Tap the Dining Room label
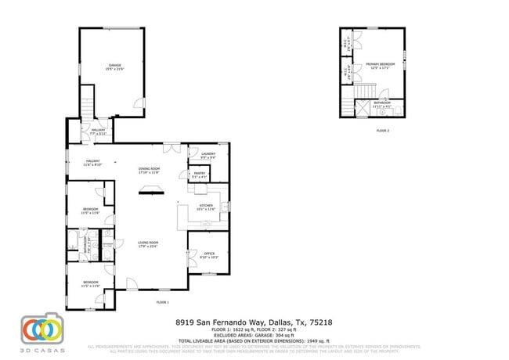149,171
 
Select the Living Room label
149,245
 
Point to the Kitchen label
205,207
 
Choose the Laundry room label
208,155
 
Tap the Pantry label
199,175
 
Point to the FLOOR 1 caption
162,302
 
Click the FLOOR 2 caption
382,131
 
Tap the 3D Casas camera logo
40,330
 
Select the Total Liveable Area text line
254,340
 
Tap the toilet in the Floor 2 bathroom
397,110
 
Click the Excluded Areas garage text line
254,335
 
